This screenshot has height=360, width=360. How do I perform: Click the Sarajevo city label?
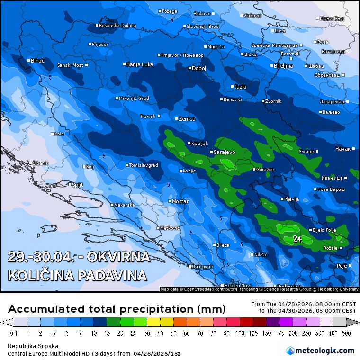[x=225, y=153]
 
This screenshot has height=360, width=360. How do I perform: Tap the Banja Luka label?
[x=140, y=64]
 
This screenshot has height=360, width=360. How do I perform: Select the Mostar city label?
[x=180, y=202]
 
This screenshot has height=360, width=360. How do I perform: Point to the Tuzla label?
[x=241, y=87]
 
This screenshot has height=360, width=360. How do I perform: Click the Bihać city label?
[x=37, y=61]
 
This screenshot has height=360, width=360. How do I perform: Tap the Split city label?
[x=77, y=184]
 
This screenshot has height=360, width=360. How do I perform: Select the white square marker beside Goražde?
[x=254, y=169]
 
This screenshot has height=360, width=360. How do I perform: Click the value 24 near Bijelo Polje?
[x=297, y=239]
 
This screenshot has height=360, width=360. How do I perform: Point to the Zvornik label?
[x=274, y=101]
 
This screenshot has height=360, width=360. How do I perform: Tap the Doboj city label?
[x=199, y=68]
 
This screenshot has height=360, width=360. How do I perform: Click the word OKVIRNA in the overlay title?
[x=116, y=258]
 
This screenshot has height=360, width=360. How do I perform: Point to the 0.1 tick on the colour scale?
[x=14, y=333]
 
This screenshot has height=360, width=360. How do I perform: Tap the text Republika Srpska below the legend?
[x=27, y=346]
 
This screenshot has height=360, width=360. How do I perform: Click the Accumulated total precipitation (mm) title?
[x=117, y=309]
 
